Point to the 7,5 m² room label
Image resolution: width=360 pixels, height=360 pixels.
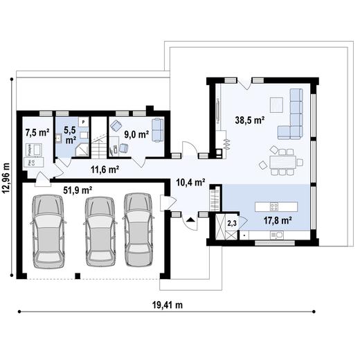click(x=37, y=132)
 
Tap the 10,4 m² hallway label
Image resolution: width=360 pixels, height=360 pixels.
click(x=190, y=183)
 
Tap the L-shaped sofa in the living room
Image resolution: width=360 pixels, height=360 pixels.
click(x=294, y=118)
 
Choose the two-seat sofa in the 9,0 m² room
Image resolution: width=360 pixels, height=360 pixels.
click(x=158, y=129)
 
